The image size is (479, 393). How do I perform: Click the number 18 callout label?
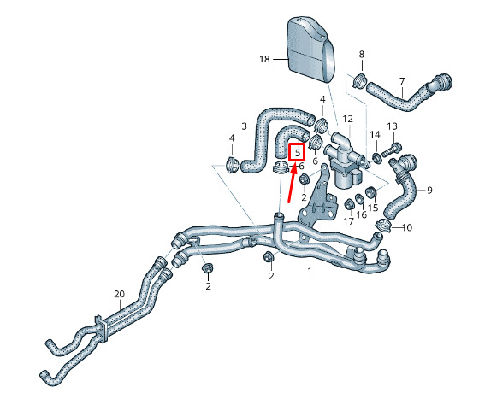point(264,59)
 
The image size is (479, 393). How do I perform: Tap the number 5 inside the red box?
point(298,152)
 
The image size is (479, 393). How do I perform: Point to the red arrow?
point(293,181)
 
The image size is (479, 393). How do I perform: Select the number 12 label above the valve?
point(347,119)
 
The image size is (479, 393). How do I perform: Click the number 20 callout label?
point(120,295)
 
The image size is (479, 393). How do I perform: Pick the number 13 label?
point(393,126)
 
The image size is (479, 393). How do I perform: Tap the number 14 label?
point(376,135)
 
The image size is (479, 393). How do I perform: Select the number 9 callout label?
point(429,191)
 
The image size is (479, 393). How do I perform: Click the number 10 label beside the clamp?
point(407,227)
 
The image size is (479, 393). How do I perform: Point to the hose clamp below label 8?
point(360,80)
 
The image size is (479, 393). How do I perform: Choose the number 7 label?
point(402,81)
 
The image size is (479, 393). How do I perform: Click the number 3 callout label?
point(244,126)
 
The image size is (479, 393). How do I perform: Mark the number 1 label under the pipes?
point(310,270)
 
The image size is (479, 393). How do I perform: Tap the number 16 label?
point(361,214)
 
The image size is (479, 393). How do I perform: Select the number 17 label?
point(349,221)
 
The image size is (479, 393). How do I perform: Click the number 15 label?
point(373,208)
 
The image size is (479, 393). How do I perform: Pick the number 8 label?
point(362,55)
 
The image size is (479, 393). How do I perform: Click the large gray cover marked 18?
point(310,50)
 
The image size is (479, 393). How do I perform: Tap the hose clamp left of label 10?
point(384,226)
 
